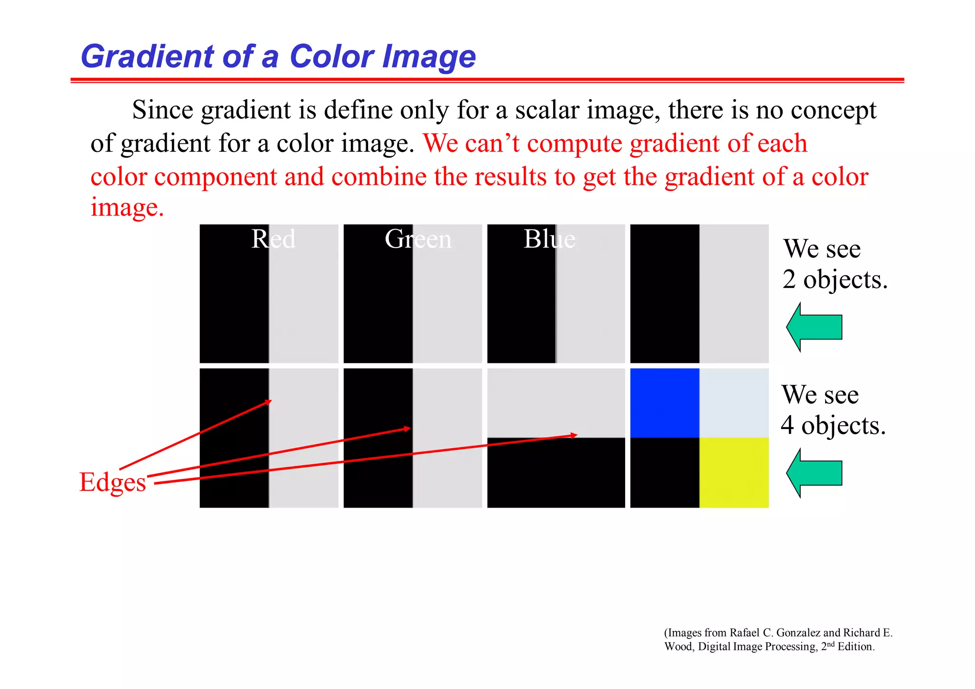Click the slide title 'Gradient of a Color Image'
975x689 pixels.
pyautogui.click(x=278, y=57)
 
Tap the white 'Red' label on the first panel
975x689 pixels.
pyautogui.click(x=273, y=239)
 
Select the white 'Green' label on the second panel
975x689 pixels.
pyautogui.click(x=418, y=239)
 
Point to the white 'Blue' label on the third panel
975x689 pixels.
pyautogui.click(x=549, y=239)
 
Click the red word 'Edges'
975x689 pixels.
pyautogui.click(x=113, y=482)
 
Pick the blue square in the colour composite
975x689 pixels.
pyautogui.click(x=665, y=403)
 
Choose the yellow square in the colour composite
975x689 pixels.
pyautogui.click(x=734, y=472)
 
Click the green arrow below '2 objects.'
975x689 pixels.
pyautogui.click(x=814, y=327)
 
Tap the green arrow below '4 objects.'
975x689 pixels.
pyautogui.click(x=814, y=473)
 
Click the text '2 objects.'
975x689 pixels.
pyautogui.click(x=835, y=280)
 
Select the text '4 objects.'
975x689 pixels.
pyautogui.click(x=833, y=425)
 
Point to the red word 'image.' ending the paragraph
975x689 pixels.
pyautogui.click(x=127, y=208)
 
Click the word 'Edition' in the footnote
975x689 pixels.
pyautogui.click(x=856, y=647)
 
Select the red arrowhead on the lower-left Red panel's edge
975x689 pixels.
pyautogui.click(x=269, y=402)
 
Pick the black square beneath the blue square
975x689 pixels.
pyautogui.click(x=665, y=472)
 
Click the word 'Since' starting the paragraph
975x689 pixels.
pyautogui.click(x=162, y=110)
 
